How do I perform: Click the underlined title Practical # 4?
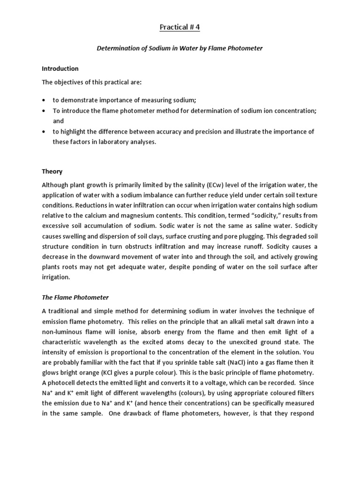pos(180,28)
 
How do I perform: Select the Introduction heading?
pos(60,68)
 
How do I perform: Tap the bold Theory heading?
pos(52,172)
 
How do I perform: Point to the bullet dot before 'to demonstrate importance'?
pos(44,101)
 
